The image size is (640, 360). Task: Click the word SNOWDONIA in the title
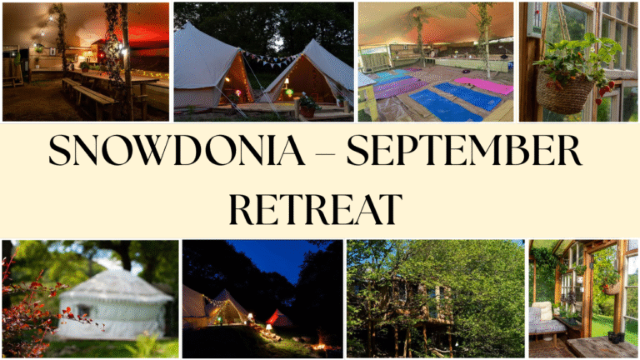[x=177, y=150]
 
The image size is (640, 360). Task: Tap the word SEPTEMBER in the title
[x=464, y=150]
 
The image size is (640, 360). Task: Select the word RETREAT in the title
[x=316, y=209]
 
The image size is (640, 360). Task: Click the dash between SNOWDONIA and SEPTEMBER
[x=326, y=154]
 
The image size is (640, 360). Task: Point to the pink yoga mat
[x=484, y=86]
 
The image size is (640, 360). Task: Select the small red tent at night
[x=280, y=318]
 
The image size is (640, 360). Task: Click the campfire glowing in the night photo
[x=320, y=346]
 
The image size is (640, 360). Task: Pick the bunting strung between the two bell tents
[x=271, y=59]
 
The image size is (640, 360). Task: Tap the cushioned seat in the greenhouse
[x=546, y=321]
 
